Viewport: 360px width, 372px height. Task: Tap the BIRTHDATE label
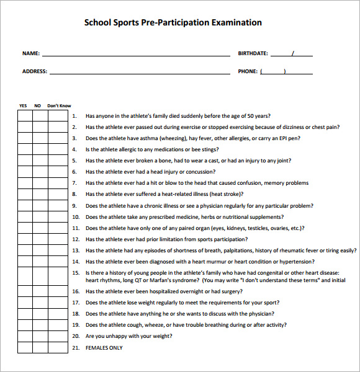[x=253, y=53]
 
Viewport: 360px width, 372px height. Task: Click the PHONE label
[x=248, y=71]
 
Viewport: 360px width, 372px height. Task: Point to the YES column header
[x=24, y=106]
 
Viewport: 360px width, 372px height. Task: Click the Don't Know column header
[x=60, y=106]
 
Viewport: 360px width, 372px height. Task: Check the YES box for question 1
[x=25, y=116]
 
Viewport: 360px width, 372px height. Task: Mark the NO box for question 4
[x=40, y=149]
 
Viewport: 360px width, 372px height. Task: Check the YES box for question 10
[x=25, y=217]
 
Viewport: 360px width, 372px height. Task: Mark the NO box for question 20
[x=40, y=336]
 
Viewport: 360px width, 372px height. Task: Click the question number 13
[x=75, y=250]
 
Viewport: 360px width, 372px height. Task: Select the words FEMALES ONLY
[x=104, y=348]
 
